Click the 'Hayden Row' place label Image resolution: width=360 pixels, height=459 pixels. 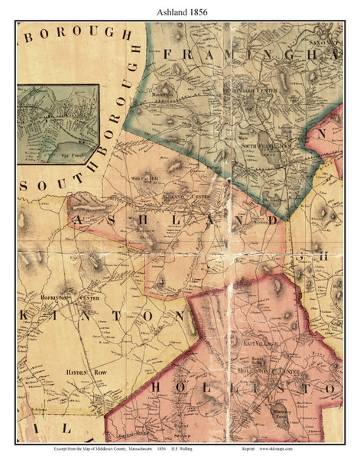click(89, 372)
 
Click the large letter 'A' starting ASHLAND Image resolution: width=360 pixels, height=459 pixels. click(79, 220)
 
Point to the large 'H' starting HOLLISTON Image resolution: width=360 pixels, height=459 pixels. click(155, 387)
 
